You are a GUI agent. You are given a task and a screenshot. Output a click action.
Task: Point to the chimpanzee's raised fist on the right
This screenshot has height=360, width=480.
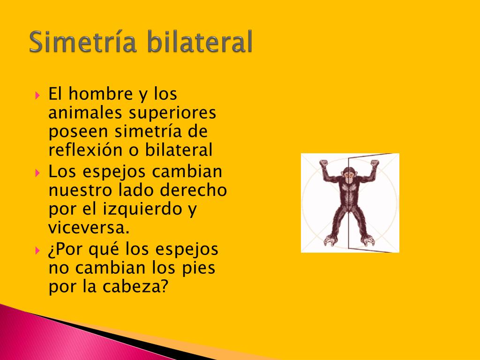coord(374,164)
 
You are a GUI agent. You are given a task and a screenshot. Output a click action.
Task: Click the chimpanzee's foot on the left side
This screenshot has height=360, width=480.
coord(331,241)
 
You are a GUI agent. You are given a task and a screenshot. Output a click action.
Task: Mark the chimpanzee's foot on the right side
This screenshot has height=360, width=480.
coord(367,240)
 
